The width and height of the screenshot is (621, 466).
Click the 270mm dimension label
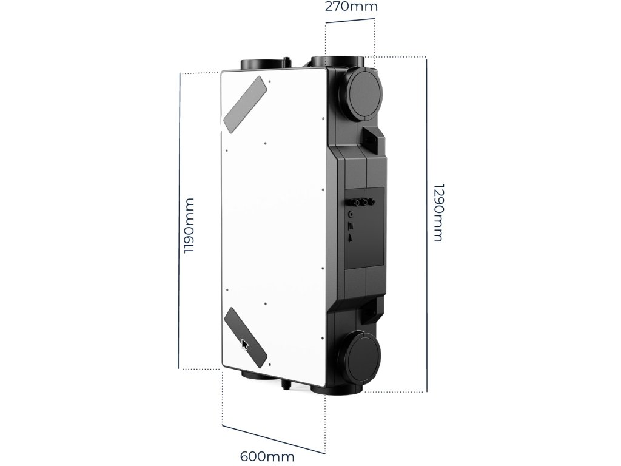(351, 7)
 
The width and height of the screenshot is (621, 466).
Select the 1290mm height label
(438, 212)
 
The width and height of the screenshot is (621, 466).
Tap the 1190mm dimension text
(189, 225)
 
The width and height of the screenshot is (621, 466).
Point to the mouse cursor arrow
(244, 345)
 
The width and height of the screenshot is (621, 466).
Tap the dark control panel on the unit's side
(364, 227)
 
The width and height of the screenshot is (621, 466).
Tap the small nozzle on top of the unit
(287, 61)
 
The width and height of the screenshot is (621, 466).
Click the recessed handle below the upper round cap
(371, 139)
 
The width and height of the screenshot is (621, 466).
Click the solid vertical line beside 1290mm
(427, 225)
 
